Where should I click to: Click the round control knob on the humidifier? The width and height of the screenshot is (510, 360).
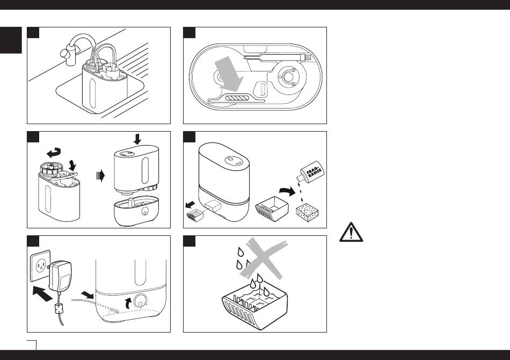(x=142, y=301)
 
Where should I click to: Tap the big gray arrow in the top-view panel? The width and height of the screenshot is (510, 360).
(x=229, y=75)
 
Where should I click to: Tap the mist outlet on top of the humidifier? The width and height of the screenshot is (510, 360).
(x=231, y=160)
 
